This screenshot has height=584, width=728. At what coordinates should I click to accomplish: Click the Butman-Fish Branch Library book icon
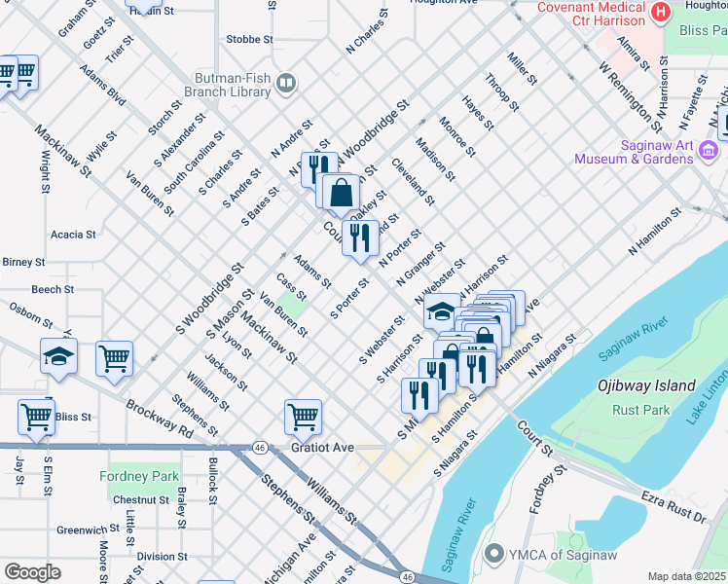point(286,84)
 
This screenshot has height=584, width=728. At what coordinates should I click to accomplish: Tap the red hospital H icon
point(662,13)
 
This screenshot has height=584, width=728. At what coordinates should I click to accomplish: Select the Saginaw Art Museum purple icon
point(708,151)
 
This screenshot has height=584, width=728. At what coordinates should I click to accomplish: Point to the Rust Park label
point(641,410)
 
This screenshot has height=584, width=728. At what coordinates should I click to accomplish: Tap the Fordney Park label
point(139,476)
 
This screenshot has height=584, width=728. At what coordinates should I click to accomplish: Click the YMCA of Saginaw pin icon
point(495,555)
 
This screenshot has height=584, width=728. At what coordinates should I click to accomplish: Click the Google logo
point(33,572)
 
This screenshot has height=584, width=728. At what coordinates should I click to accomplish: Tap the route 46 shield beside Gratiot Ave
point(259,447)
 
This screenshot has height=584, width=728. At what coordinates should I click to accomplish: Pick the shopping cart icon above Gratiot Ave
point(303,417)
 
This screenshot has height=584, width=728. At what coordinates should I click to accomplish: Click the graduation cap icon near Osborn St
point(58,355)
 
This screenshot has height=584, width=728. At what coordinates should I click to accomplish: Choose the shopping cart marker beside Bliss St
point(36,417)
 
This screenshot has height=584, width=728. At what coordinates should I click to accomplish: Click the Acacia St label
point(73,235)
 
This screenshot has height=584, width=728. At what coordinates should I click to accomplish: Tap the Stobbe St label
point(249,39)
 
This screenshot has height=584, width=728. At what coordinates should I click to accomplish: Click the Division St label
point(155,557)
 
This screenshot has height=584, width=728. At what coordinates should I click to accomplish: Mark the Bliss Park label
point(701,31)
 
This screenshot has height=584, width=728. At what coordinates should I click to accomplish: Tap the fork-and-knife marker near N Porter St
point(360,237)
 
